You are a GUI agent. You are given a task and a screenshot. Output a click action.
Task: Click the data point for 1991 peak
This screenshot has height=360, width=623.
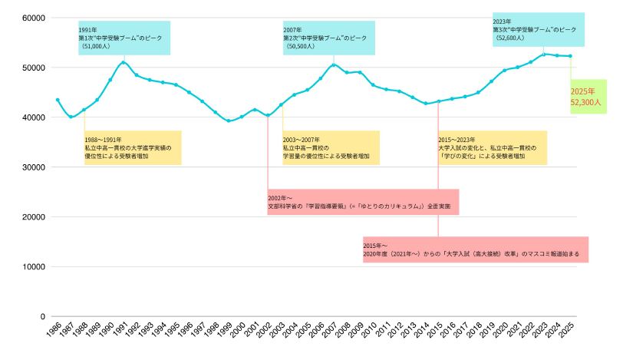coord(124,62)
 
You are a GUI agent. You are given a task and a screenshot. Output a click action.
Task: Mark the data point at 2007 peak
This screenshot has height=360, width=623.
coord(333,64)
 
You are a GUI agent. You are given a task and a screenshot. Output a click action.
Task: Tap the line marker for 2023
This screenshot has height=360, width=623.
coord(544,54)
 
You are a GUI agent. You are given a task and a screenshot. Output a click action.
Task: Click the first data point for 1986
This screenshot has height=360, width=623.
coord(58,100)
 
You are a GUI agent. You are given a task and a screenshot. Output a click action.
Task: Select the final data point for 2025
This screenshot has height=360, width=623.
coord(570,56)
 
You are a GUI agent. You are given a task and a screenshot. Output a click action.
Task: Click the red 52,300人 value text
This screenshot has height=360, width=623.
coord(585,101)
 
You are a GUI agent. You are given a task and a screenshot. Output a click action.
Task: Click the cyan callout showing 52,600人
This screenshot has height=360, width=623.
coord(539,29)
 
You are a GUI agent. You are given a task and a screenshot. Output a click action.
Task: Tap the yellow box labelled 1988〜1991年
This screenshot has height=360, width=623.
coord(132,147)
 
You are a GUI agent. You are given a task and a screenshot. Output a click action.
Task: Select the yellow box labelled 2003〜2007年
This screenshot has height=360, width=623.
coord(330,147)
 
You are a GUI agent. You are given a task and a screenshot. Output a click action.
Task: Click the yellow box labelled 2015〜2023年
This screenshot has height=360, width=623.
coord(491,147)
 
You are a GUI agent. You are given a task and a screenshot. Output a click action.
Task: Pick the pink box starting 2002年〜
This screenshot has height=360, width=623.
coord(362,202)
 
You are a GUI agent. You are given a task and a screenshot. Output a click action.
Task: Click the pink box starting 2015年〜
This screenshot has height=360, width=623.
coord(476,249)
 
